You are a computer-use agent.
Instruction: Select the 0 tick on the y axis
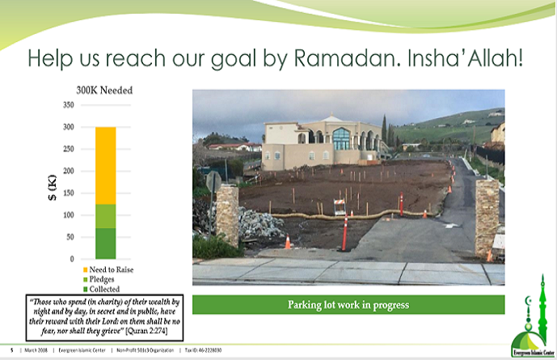72,259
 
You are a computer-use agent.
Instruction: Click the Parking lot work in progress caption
348,305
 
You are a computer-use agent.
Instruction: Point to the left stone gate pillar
227,214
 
